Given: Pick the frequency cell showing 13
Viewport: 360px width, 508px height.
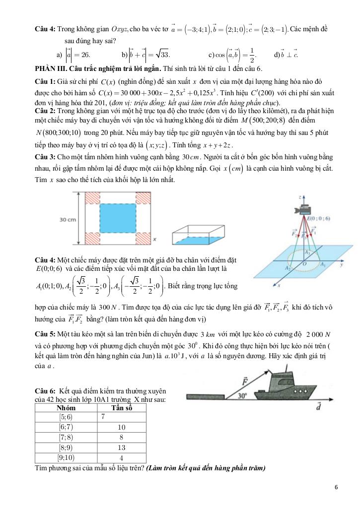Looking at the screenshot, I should pyautogui.click(x=122, y=448).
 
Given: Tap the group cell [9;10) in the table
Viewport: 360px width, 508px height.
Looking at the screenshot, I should pyautogui.click(x=66, y=458).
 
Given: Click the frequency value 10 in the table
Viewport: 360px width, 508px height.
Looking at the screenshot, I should pyautogui.click(x=122, y=427).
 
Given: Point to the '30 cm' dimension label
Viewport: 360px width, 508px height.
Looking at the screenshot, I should pyautogui.click(x=68, y=219).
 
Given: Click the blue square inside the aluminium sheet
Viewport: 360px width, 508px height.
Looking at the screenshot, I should pyautogui.click(x=117, y=218).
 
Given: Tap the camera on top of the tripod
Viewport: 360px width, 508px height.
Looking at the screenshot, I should pyautogui.click(x=303, y=210).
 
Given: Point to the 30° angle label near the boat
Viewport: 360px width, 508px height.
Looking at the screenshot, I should pyautogui.click(x=242, y=396).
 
